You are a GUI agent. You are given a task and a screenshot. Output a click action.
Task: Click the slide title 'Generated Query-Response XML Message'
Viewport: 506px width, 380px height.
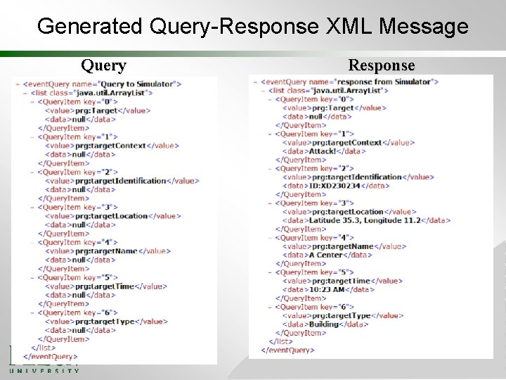(252, 26)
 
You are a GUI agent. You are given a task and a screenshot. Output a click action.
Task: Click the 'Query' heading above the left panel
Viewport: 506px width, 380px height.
(103, 65)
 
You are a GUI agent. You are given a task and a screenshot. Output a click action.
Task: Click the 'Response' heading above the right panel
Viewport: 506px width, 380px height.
(382, 65)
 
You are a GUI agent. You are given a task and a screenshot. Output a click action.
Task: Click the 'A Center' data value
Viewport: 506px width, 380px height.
(326, 255)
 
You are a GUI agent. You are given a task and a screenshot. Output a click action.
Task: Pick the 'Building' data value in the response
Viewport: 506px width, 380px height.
(324, 324)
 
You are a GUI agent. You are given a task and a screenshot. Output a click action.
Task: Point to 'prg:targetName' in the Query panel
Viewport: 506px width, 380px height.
(107, 251)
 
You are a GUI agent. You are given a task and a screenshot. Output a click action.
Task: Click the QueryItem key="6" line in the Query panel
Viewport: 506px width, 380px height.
(77, 312)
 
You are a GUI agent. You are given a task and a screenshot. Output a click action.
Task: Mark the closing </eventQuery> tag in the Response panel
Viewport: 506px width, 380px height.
(287, 350)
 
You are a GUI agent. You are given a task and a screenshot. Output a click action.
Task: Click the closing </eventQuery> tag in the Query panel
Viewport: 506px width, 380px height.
(51, 357)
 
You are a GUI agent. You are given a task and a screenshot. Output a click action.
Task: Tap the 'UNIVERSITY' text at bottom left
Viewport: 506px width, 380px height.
(44, 369)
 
